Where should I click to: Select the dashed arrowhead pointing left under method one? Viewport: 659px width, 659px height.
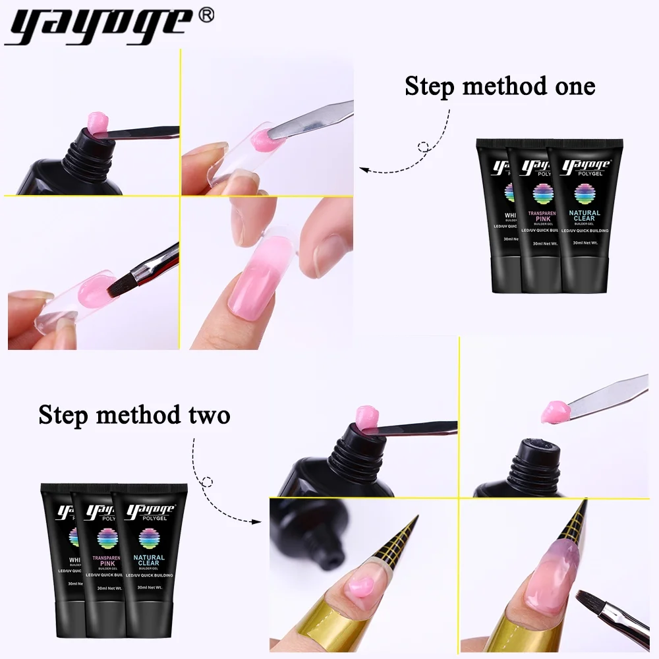[x=364, y=171]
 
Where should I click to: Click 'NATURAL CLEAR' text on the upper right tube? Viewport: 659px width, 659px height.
[x=585, y=216]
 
